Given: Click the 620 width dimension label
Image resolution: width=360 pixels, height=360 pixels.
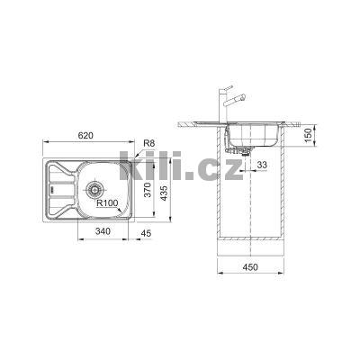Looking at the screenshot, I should (x=85, y=135).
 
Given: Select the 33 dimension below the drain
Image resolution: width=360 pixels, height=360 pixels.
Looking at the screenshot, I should (x=261, y=166).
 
